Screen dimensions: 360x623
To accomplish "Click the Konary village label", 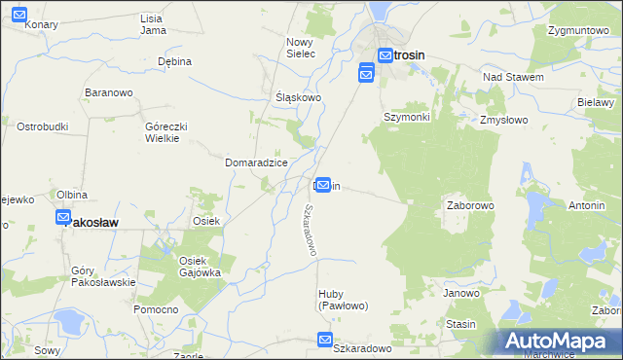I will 42,24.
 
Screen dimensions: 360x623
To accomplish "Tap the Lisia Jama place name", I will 151,24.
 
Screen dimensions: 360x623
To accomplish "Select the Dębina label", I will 175,60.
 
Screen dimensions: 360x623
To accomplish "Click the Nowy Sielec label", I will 301,48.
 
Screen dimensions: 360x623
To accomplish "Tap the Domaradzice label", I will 256,162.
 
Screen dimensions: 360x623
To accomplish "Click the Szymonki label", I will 406,117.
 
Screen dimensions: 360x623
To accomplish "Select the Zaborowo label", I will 471,206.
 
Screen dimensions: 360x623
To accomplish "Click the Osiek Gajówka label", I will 200,267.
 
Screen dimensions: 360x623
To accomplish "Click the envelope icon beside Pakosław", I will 63,218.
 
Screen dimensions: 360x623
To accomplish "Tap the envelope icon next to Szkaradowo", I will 324,340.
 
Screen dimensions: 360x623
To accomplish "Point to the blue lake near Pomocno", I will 69,321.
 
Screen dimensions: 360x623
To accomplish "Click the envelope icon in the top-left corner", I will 19,15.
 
